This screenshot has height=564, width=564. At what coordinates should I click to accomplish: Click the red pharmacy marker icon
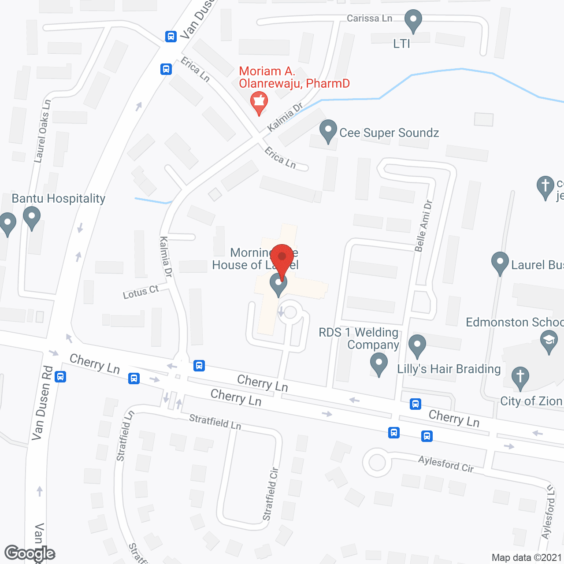[x=259, y=103]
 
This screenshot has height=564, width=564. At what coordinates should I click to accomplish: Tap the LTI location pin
[x=413, y=21]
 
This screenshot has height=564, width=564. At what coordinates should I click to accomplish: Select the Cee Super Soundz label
[x=389, y=133]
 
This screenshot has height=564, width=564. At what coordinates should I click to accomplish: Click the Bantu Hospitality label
[x=59, y=198]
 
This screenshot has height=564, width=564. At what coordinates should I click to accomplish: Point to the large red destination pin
[x=282, y=260]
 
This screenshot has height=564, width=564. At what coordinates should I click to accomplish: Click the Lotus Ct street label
[x=141, y=292]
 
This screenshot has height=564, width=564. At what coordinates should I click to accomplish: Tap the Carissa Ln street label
[x=369, y=18]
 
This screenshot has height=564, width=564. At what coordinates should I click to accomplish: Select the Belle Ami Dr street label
[x=423, y=226]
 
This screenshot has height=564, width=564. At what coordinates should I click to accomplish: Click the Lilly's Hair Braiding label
[x=449, y=369]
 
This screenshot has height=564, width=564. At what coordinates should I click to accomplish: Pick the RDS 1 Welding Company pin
[x=378, y=365]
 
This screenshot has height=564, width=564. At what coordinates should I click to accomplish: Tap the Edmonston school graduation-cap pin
[x=549, y=341]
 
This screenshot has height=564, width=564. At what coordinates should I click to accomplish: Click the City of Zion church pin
[x=520, y=378]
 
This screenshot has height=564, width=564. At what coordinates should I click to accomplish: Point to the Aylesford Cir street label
[x=446, y=464]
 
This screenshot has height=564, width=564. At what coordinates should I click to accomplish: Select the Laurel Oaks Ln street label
[x=43, y=131]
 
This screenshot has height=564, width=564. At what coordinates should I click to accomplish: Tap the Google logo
[x=30, y=553]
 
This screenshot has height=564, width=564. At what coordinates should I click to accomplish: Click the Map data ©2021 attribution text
[x=527, y=557]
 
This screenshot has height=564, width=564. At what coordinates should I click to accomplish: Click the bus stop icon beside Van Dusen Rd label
[x=60, y=377]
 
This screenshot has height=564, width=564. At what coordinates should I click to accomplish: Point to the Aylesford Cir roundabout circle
[x=377, y=463]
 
